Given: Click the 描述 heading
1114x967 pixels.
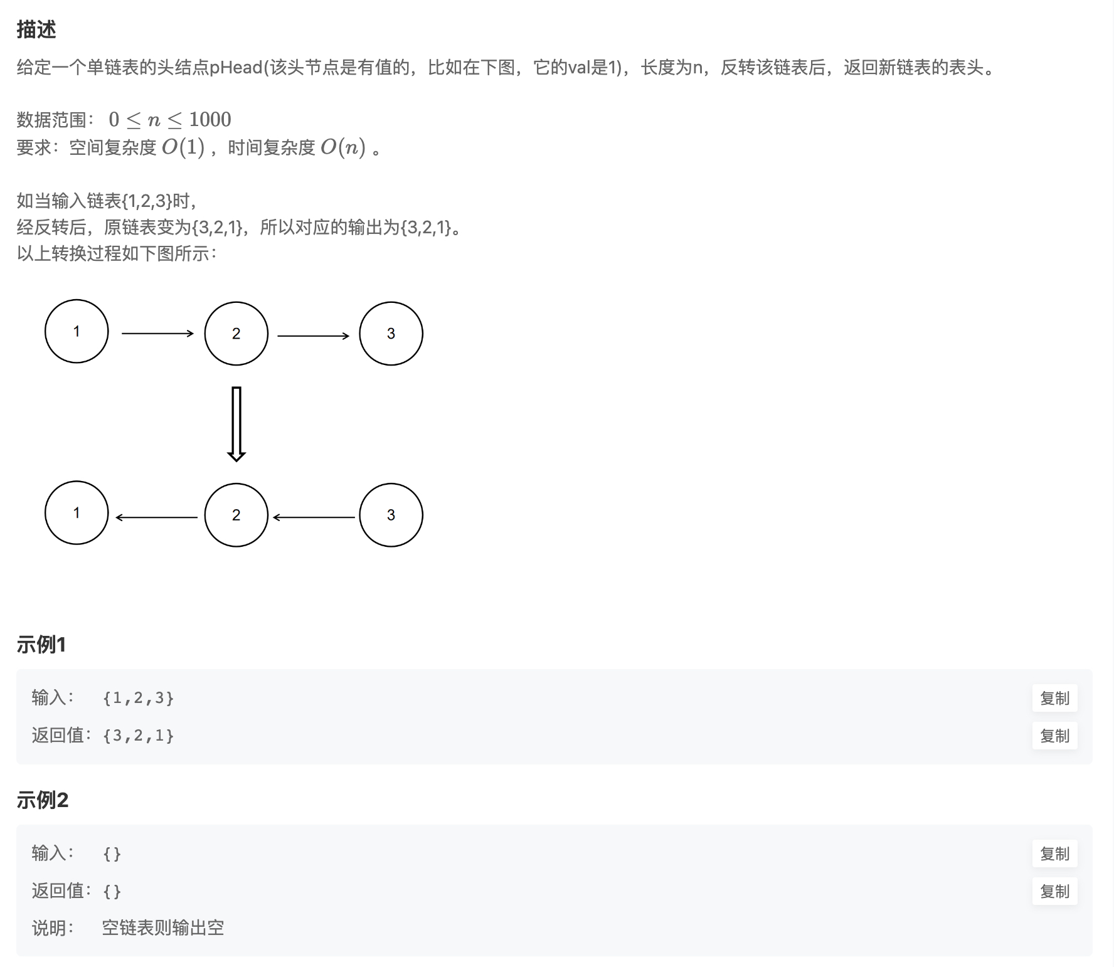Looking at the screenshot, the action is pyautogui.click(x=36, y=29).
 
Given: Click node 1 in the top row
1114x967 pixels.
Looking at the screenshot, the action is pyautogui.click(x=77, y=331).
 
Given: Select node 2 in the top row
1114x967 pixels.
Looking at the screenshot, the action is pyautogui.click(x=236, y=334).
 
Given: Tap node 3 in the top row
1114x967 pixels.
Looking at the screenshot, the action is pyautogui.click(x=391, y=334).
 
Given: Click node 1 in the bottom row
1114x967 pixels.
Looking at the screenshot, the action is pyautogui.click(x=77, y=513).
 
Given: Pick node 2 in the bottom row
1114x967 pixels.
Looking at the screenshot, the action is pyautogui.click(x=236, y=515).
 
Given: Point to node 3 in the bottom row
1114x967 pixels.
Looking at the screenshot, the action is pyautogui.click(x=391, y=515).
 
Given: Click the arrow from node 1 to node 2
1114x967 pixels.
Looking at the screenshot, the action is pyautogui.click(x=157, y=334).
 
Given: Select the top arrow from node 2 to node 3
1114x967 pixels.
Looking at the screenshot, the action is pyautogui.click(x=313, y=336).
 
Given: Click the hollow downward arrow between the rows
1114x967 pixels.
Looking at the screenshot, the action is pyautogui.click(x=236, y=424).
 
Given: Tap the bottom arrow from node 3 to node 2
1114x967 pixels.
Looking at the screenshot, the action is pyautogui.click(x=314, y=517).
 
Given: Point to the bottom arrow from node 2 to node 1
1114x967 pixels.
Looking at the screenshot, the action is pyautogui.click(x=157, y=517).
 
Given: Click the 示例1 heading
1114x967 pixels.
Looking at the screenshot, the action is pyautogui.click(x=41, y=644).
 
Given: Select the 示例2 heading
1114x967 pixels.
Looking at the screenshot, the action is pyautogui.click(x=42, y=800).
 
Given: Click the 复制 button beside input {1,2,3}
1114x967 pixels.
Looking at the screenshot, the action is pyautogui.click(x=1054, y=698).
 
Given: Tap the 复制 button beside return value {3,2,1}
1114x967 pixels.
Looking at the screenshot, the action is pyautogui.click(x=1054, y=736).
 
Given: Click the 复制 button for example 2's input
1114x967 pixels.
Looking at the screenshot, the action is pyautogui.click(x=1054, y=853).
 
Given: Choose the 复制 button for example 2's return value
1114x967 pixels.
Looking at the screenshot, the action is pyautogui.click(x=1054, y=891).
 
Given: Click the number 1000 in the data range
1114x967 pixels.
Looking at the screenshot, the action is pyautogui.click(x=210, y=119).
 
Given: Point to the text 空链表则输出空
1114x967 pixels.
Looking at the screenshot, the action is pyautogui.click(x=163, y=927).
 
